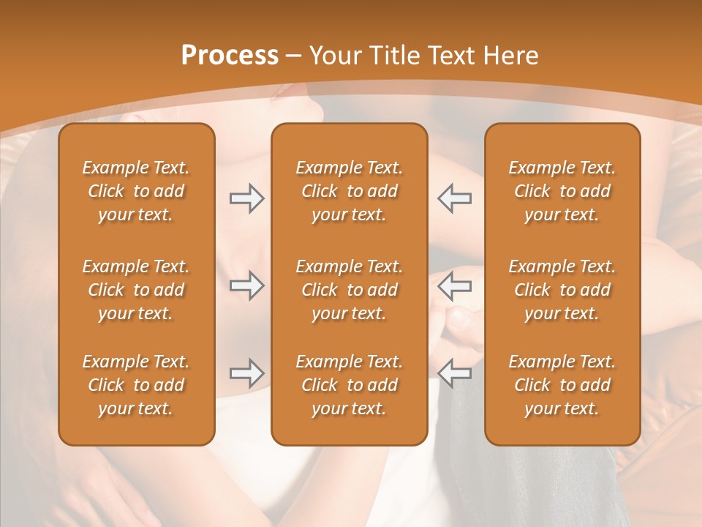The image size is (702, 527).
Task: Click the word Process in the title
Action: coord(230,56)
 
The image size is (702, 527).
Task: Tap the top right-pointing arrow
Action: coord(246,198)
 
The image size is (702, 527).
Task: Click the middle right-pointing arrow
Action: coord(246,285)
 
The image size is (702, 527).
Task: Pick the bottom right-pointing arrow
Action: coord(246,373)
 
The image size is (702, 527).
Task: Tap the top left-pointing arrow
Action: coord(454,198)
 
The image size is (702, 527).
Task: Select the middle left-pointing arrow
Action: coord(454,285)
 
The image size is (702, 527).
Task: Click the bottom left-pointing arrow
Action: coord(454,373)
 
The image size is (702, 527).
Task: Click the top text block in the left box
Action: coord(136,191)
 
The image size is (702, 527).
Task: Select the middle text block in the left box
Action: coord(136,290)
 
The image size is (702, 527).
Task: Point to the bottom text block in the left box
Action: coord(136,385)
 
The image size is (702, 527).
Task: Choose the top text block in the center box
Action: coord(349,191)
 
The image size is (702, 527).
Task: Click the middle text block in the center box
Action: coord(349,290)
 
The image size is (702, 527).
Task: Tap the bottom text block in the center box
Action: coord(349,385)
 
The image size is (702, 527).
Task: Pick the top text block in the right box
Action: coord(562,191)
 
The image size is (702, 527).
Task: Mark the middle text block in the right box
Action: coord(562,290)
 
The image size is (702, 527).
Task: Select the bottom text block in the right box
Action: coord(562,385)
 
